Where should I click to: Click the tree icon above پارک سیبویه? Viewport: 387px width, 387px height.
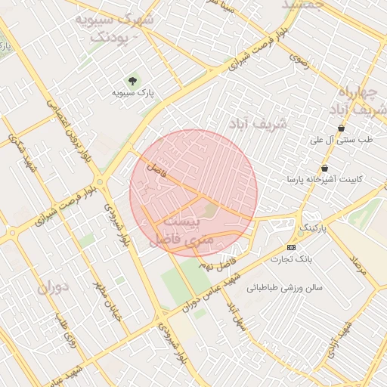[133, 79]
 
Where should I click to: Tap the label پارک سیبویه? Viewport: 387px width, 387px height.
[133, 93]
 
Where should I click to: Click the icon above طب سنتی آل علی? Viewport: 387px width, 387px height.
[342, 128]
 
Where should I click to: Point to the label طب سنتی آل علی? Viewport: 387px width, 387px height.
[344, 141]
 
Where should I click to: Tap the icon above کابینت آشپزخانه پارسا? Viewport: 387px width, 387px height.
[324, 168]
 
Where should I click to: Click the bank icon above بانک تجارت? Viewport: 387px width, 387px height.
[292, 247]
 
